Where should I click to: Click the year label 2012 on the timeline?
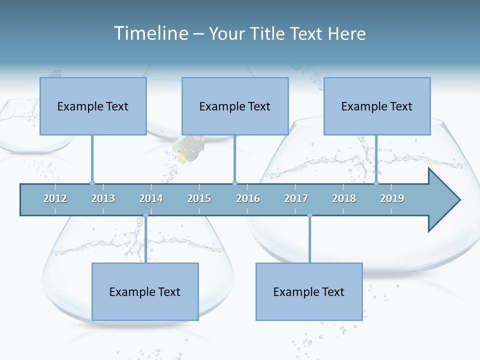pyautogui.click(x=55, y=198)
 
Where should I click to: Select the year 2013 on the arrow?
pyautogui.click(x=103, y=198)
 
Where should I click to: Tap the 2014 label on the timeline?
pyautogui.click(x=151, y=198)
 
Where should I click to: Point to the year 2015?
pyautogui.click(x=199, y=198)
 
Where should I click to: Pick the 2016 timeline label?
pyautogui.click(x=248, y=198)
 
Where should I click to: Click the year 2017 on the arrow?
pyautogui.click(x=296, y=198)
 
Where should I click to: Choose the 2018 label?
pyautogui.click(x=344, y=198)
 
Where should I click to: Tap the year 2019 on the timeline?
pyautogui.click(x=392, y=198)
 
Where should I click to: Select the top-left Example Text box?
pyautogui.click(x=93, y=106)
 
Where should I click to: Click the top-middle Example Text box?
pyautogui.click(x=235, y=106)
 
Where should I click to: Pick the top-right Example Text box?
pyautogui.click(x=377, y=106)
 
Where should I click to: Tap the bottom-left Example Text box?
pyautogui.click(x=145, y=291)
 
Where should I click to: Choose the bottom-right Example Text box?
pyautogui.click(x=309, y=291)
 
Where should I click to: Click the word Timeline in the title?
pyautogui.click(x=149, y=33)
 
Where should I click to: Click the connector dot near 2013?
pyautogui.click(x=92, y=183)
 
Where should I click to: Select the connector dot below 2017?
pyautogui.click(x=309, y=215)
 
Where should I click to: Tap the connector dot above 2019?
pyautogui.click(x=376, y=183)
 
